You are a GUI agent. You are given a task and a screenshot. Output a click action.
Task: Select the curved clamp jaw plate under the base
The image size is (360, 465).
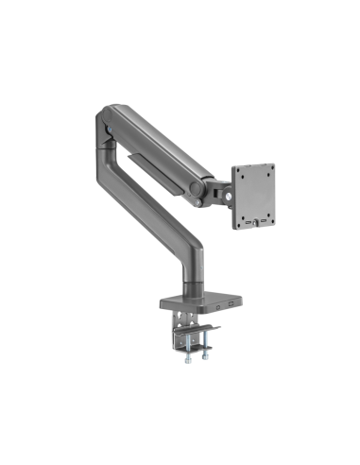(197, 328)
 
